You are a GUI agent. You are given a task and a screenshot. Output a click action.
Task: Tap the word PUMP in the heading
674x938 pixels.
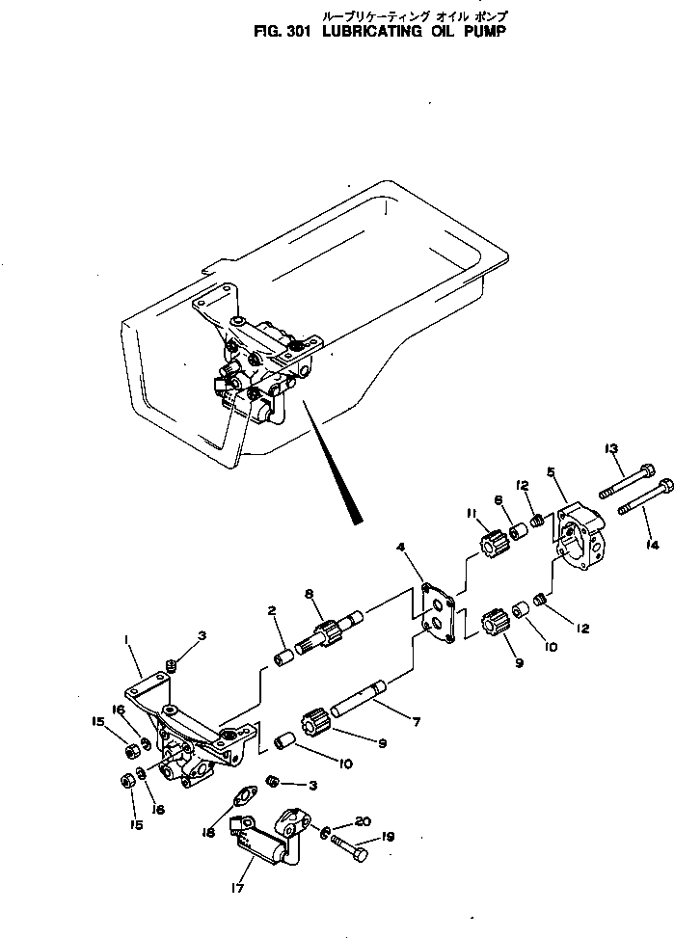(x=479, y=30)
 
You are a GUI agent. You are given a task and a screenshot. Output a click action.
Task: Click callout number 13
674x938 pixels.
(x=610, y=448)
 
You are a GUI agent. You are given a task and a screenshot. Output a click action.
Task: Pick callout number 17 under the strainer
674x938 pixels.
(x=239, y=888)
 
